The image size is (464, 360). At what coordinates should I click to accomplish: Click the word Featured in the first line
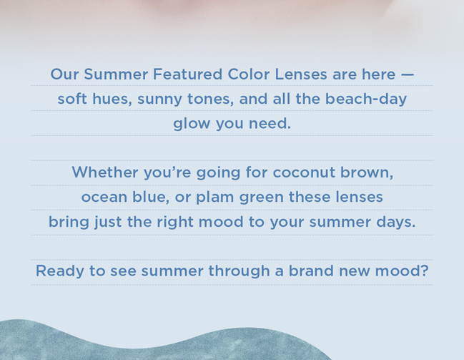[x=187, y=74]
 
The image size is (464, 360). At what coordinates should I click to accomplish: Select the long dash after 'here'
[x=408, y=74]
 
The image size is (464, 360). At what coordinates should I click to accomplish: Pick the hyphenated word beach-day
[x=366, y=99]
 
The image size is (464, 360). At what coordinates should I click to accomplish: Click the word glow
[x=192, y=124]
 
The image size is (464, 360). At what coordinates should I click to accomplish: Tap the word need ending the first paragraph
[x=270, y=123]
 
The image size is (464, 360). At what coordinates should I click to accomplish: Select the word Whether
[x=105, y=172]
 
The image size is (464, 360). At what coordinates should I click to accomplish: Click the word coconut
[x=304, y=172]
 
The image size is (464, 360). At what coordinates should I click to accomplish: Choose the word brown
[x=367, y=172]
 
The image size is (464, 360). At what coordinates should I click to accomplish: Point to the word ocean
[x=104, y=198]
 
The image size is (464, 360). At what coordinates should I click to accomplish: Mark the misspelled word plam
[x=214, y=198]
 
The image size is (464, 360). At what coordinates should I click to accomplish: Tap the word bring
[x=69, y=223]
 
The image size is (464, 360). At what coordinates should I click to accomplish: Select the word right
[x=175, y=223]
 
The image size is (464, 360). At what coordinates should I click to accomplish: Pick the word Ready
[x=60, y=271]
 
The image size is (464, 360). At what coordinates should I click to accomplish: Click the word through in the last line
[x=239, y=271]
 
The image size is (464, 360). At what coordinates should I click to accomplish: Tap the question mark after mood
[x=425, y=271]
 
